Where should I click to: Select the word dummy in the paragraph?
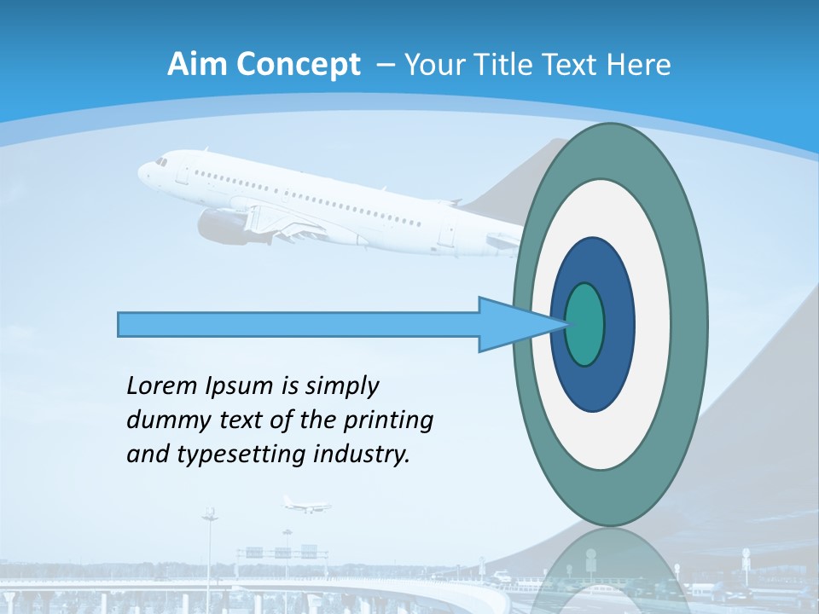point(160,420)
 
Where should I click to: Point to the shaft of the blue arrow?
point(299,325)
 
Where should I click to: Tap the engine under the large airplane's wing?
point(221,227)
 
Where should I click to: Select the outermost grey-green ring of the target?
point(688,325)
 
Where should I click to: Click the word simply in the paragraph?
point(340,386)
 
